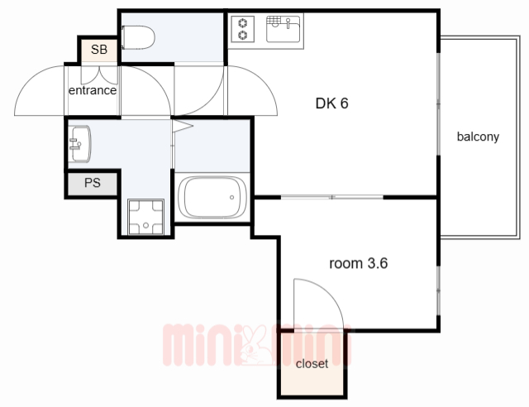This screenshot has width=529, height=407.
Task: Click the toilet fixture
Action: tap(138, 37)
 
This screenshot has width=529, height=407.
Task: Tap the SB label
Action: tap(99, 50)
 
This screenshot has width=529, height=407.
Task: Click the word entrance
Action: tap(93, 90)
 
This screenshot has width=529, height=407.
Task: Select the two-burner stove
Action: tap(242, 29)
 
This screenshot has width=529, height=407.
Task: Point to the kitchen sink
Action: tap(283, 29)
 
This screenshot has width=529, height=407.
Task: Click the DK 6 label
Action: tap(331, 103)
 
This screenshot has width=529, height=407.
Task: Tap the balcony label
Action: tap(478, 136)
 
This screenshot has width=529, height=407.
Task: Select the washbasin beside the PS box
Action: tap(79, 144)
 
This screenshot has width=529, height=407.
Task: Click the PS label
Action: tap(93, 183)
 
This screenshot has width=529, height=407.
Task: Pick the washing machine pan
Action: tap(145, 217)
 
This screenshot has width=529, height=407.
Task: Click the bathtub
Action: tap(212, 197)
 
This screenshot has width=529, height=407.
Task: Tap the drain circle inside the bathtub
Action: tap(231, 197)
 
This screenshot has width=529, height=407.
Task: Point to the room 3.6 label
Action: tap(358, 263)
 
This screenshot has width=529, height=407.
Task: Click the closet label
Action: tap(312, 364)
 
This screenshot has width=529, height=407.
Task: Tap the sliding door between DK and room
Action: tap(332, 197)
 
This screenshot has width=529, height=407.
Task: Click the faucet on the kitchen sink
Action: tap(288, 23)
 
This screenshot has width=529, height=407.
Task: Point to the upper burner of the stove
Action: tap(242, 23)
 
